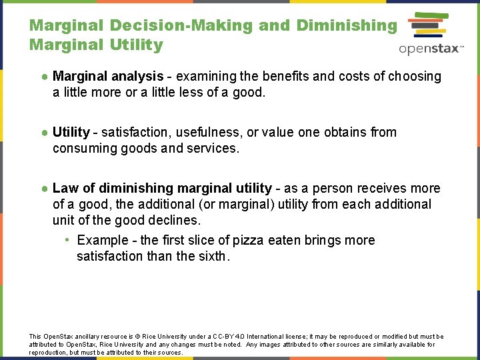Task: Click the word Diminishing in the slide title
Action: point(346,25)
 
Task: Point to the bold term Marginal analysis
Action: point(108,77)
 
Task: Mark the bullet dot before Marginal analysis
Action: point(43,77)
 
